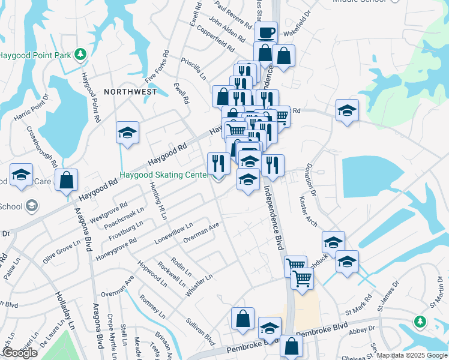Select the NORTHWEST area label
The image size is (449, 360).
[130, 92]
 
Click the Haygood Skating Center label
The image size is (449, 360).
[163, 175]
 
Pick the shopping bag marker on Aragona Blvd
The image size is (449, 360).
[66, 179]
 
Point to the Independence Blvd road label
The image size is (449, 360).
[273, 217]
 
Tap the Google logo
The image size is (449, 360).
[19, 353]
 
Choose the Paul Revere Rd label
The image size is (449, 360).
[233, 16]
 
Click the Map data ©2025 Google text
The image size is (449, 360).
[412, 355]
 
